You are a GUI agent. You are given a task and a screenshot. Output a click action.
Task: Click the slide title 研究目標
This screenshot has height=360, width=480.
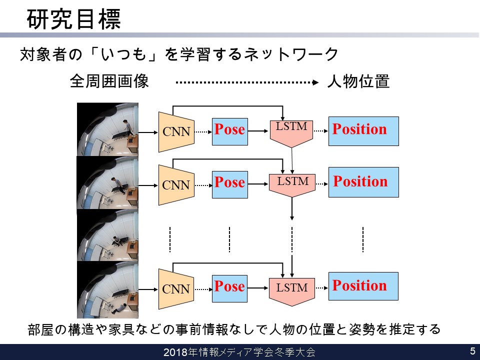[74, 19]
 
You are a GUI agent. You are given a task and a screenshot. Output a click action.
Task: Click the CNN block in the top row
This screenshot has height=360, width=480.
[176, 132]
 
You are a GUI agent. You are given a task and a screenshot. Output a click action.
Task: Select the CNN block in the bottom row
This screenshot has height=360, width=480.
[176, 289]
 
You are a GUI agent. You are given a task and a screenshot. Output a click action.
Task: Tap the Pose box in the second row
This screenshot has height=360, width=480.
[230, 184]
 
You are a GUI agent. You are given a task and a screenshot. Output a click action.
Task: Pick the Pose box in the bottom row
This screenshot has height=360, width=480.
[229, 288]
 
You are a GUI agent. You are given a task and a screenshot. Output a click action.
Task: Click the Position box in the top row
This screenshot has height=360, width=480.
[363, 131]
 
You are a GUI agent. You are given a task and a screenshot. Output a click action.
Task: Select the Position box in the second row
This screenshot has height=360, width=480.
[363, 182]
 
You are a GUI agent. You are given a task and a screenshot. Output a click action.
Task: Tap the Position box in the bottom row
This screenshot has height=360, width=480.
[363, 286]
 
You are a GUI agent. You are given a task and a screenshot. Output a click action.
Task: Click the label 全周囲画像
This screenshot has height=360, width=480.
[109, 81]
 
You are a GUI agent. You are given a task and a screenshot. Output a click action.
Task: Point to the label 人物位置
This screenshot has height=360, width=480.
[358, 81]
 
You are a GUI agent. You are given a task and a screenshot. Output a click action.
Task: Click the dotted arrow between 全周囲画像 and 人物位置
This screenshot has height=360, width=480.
[247, 82]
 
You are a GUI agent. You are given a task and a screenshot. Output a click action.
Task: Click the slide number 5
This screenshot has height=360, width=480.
[472, 351]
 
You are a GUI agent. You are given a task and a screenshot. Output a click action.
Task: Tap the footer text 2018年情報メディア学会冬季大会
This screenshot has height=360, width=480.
[239, 352]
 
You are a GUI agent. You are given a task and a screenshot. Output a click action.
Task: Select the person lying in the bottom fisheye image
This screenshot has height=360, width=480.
[119, 308]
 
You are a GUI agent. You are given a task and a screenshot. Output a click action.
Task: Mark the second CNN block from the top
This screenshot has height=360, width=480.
[176, 185]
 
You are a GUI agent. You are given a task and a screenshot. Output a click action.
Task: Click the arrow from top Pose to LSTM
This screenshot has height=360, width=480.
[258, 131]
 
